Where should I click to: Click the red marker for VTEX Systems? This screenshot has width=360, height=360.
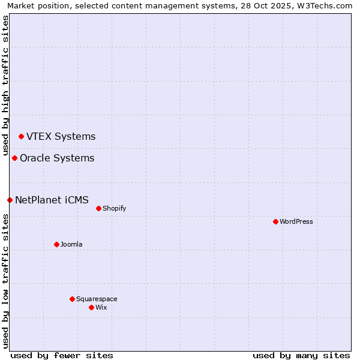pyautogui.click(x=21, y=137)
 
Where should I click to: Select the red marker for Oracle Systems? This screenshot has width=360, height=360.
pyautogui.click(x=14, y=158)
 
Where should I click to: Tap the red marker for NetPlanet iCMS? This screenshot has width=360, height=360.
pyautogui.click(x=10, y=200)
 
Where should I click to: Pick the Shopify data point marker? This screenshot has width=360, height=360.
pyautogui.click(x=98, y=209)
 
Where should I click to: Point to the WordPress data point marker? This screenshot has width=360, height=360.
pyautogui.click(x=275, y=222)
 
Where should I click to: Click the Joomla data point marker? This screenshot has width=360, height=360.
pyautogui.click(x=56, y=245)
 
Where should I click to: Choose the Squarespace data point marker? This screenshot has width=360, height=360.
pyautogui.click(x=72, y=299)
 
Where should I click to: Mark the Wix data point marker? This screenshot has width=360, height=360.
pyautogui.click(x=91, y=308)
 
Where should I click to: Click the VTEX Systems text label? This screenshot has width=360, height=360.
pyautogui.click(x=61, y=137)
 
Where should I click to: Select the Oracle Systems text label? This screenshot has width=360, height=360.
pyautogui.click(x=57, y=158)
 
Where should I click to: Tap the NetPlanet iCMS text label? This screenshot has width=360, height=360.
pyautogui.click(x=52, y=200)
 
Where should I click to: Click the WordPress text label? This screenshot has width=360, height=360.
pyautogui.click(x=296, y=222)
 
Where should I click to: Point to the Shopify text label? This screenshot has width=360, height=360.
pyautogui.click(x=114, y=209)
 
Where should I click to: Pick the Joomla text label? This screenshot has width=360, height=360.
pyautogui.click(x=71, y=245)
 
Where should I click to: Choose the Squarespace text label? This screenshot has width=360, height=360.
pyautogui.click(x=97, y=299)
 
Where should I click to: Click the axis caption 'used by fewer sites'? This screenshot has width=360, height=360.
pyautogui.click(x=62, y=355)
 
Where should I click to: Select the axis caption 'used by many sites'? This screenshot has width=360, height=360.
pyautogui.click(x=301, y=355)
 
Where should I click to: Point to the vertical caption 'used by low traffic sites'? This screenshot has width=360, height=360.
pyautogui.click(x=5, y=281)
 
